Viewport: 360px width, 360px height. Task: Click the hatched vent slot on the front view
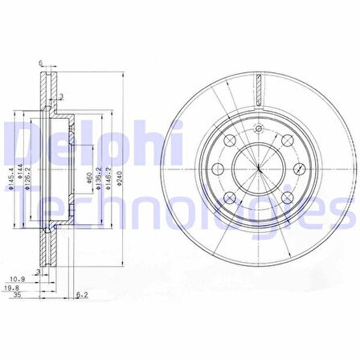[x=259, y=88]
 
